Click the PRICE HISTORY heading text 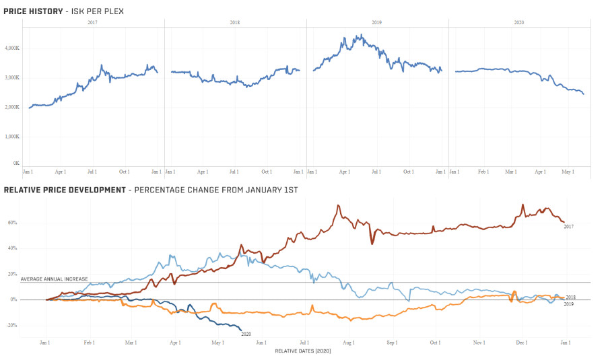[x=33, y=11]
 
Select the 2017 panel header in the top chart [x=92, y=22]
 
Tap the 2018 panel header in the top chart [x=234, y=22]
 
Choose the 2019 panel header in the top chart [x=376, y=22]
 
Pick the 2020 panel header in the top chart [x=518, y=22]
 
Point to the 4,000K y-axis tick [x=12, y=48]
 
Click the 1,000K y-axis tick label [x=12, y=137]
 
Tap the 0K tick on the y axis [x=16, y=163]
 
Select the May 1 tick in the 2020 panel [x=568, y=172]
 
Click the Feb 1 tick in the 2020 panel [x=483, y=172]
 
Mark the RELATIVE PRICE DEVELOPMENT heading [x=65, y=190]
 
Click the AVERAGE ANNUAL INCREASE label [x=54, y=279]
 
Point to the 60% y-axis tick [x=12, y=223]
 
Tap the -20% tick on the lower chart [x=11, y=326]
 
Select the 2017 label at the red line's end [x=568, y=227]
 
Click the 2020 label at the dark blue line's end [x=246, y=334]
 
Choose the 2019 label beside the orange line [x=568, y=304]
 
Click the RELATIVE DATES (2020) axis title [x=303, y=351]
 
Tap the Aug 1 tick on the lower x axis [x=348, y=343]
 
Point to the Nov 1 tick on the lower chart [x=479, y=343]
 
